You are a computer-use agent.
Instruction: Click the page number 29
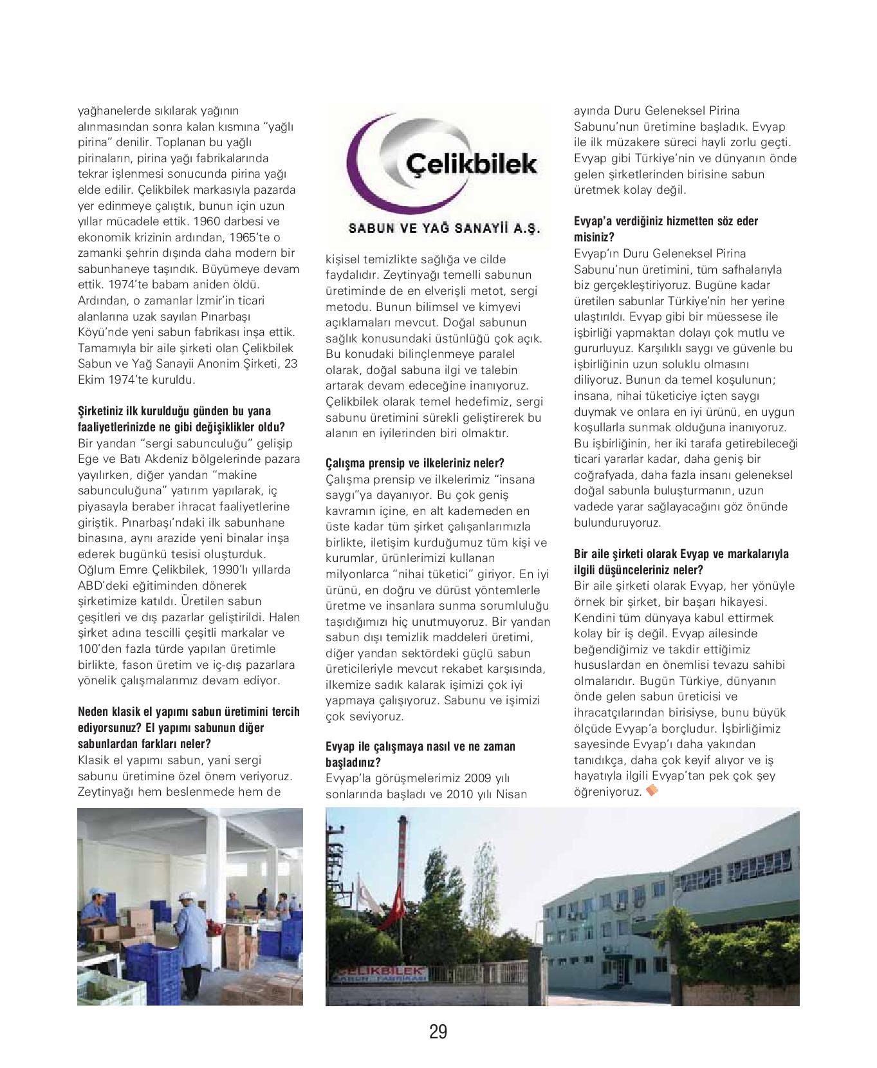click(x=438, y=1032)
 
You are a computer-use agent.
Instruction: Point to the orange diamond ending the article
click(x=651, y=790)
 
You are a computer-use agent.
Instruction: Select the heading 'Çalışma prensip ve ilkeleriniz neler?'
click(x=415, y=464)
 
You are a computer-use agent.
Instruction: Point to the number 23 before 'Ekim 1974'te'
click(x=291, y=364)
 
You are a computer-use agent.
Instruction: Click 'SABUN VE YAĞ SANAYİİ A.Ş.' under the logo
click(x=445, y=229)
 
